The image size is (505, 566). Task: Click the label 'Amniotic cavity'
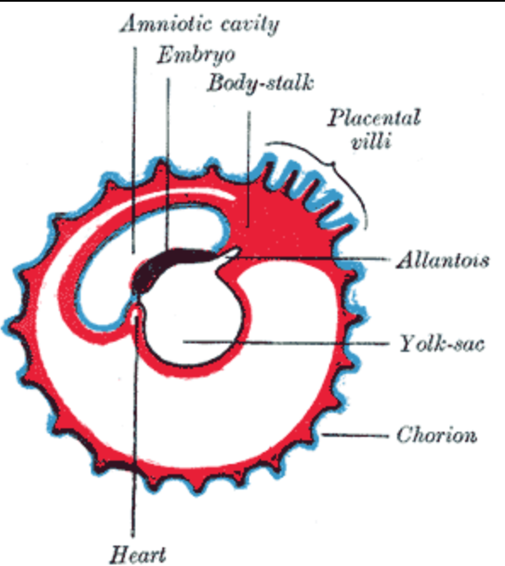coord(200,24)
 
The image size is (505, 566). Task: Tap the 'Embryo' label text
coord(196,56)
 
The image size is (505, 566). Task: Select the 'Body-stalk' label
coord(260,83)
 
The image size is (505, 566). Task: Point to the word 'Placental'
coord(374,117)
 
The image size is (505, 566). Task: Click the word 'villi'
coord(372,141)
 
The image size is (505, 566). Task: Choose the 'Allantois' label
coord(443,260)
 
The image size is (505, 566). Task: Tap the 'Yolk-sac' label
coord(442,343)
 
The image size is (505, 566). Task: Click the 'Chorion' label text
coord(437,435)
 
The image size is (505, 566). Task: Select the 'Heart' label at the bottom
coord(138,554)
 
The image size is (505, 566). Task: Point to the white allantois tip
coord(231,252)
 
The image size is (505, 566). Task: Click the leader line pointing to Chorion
coord(355,435)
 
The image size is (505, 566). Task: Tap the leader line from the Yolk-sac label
coord(286,342)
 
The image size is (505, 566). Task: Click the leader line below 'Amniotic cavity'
coord(134,150)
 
